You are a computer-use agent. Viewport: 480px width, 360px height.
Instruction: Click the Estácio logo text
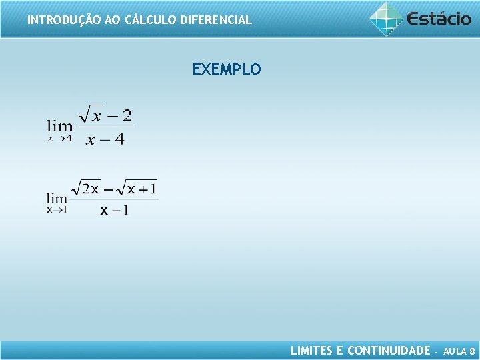[x=439, y=18]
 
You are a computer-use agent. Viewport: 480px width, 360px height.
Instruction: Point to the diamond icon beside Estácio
[x=387, y=18]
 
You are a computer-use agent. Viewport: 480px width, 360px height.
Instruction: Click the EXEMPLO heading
[x=227, y=69]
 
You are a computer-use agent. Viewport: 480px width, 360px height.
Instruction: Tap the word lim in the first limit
[x=60, y=125]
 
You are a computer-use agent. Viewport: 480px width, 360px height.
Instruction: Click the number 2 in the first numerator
[x=127, y=116]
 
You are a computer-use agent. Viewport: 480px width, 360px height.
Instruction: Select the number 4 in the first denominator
[x=119, y=139]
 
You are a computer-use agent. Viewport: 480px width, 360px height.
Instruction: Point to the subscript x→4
[x=60, y=139]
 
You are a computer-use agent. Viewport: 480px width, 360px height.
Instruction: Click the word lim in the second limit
[x=57, y=198]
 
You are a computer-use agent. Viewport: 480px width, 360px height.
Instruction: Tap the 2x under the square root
[x=91, y=189]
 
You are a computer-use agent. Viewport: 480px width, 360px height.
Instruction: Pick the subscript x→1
[x=57, y=210]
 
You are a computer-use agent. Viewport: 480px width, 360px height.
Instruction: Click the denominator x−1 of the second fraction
[x=115, y=210]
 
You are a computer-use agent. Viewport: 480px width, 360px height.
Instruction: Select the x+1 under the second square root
[x=141, y=189]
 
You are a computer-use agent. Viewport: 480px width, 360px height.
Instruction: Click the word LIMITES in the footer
[x=311, y=351]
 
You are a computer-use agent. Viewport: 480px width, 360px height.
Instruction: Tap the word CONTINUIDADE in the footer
[x=389, y=351]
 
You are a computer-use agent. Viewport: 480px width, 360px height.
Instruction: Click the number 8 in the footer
[x=472, y=351]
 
